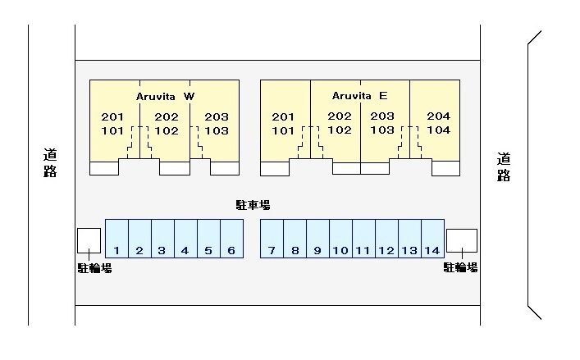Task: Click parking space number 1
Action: coord(117,250)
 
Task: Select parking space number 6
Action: coord(231,250)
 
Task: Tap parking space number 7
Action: coord(272,250)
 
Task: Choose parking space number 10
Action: coord(340,250)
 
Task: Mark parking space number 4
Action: coord(185,250)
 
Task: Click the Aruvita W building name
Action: coord(165,96)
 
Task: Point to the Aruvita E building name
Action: coord(359,95)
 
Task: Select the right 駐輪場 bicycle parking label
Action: coord(461,267)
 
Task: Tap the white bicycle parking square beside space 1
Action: coord(89,239)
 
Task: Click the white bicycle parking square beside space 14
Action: coord(461,239)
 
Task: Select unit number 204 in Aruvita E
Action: coord(438,116)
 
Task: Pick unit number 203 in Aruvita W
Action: coord(217,116)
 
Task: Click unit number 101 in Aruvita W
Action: coord(112,130)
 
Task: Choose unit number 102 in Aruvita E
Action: coord(340,130)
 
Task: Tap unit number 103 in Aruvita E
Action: coord(382,130)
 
